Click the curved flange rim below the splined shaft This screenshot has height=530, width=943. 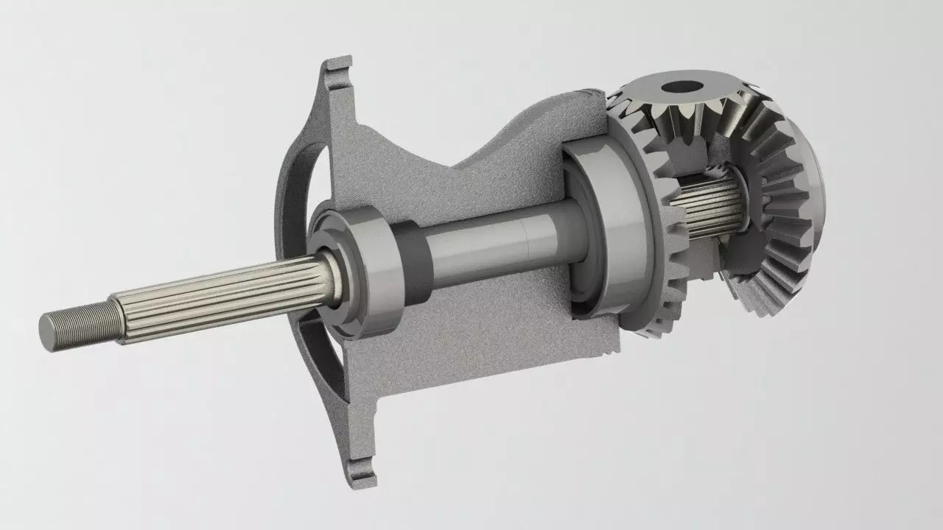tap(320, 361)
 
